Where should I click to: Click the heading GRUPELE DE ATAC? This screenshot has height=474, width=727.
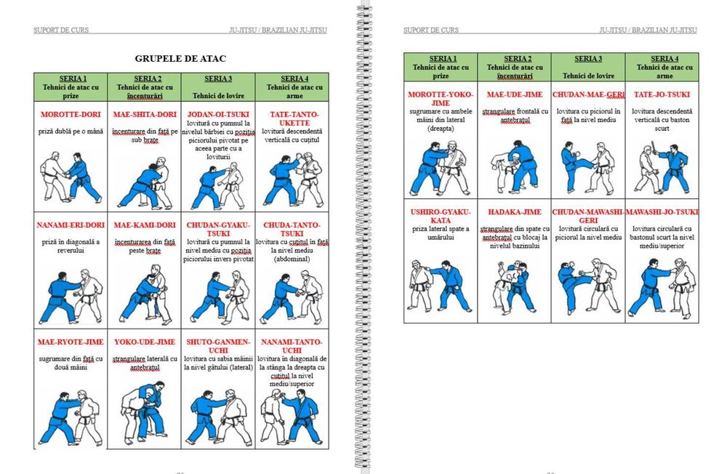tap(181, 58)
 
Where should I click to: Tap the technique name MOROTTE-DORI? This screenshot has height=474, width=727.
tap(71, 115)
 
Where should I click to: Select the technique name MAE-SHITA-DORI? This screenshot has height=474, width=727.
tap(145, 115)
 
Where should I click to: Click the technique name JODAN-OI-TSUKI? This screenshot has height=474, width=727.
tap(219, 115)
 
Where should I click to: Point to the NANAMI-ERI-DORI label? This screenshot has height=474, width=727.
tap(71, 225)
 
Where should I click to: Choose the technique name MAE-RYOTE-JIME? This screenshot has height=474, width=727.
tap(71, 342)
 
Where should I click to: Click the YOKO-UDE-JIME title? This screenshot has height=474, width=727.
tap(145, 342)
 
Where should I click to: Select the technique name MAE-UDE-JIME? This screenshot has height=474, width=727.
tap(514, 95)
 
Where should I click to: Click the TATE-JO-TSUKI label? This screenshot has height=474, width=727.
tap(662, 95)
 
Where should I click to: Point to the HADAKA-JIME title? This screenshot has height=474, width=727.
tap(514, 212)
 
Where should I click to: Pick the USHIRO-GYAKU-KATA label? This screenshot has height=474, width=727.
tap(441, 216)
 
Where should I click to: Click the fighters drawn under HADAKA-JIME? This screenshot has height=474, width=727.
tap(514, 285)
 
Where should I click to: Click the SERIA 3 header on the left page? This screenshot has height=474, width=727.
tap(218, 79)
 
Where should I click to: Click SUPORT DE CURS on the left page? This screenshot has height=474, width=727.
tap(62, 31)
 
